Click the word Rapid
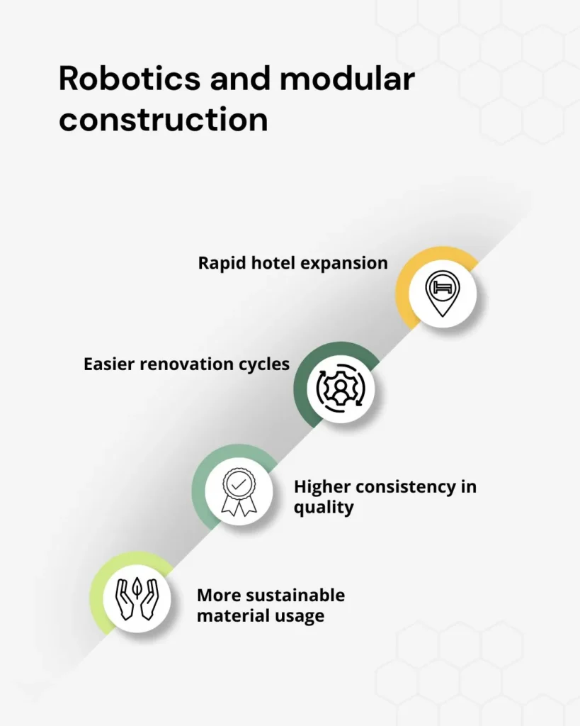pos(220,263)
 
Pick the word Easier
pos(108,364)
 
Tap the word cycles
pos(266,364)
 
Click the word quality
pos(324,508)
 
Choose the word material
pos(226,615)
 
